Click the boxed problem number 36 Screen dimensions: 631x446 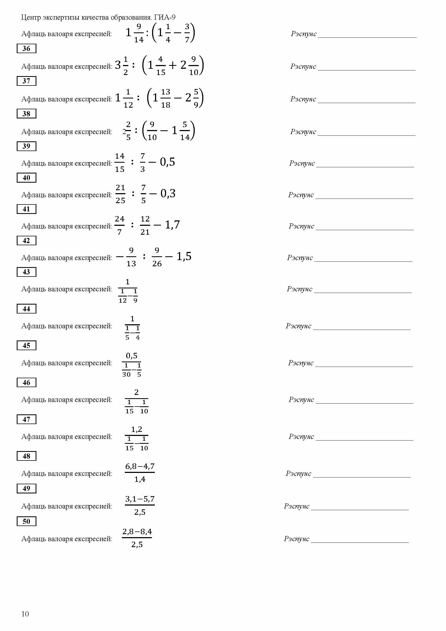[x=26, y=49]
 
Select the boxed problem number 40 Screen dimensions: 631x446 [x=26, y=178]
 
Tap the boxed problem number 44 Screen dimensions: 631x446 [x=26, y=309]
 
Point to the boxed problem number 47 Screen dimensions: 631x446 [x=26, y=419]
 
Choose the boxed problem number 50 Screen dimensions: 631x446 [x=26, y=521]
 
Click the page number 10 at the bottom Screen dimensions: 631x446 [x=25, y=614]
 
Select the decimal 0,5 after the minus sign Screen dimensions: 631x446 [x=167, y=162]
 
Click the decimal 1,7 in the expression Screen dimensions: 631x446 [x=172, y=225]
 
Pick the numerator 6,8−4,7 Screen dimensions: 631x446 [x=140, y=466]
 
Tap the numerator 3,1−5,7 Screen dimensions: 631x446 [x=140, y=499]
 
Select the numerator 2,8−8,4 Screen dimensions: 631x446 [x=137, y=531]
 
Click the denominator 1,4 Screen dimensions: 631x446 [x=140, y=479]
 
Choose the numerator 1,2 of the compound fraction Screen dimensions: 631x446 [x=136, y=429]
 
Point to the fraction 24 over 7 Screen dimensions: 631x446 [x=119, y=225]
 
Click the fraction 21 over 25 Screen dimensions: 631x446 [x=120, y=194]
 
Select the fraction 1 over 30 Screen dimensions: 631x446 [x=126, y=370]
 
